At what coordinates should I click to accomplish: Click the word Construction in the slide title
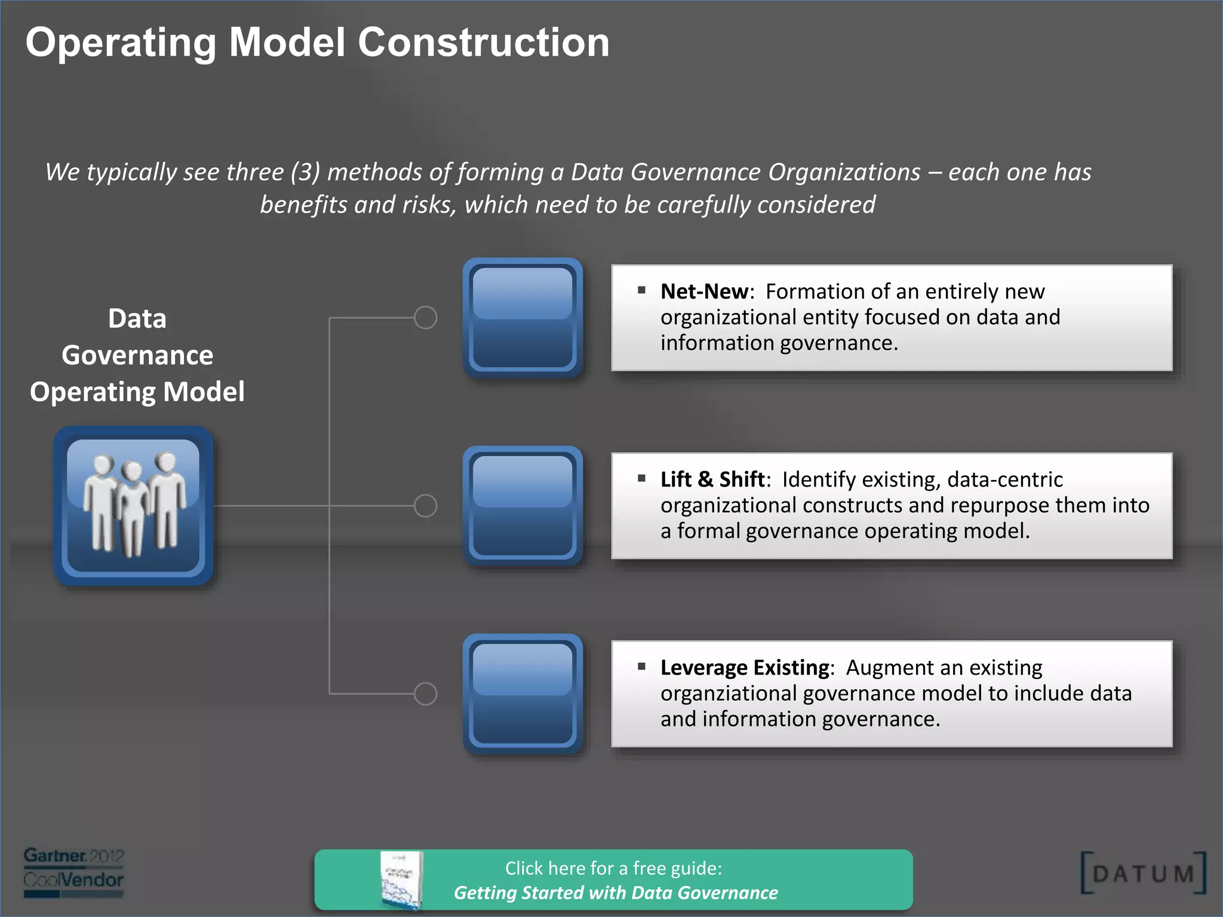point(483,43)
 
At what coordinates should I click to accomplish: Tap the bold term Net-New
point(704,291)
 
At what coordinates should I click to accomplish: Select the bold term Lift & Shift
point(712,479)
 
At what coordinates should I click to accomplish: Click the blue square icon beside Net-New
point(523,318)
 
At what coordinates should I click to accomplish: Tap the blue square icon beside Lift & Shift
point(523,506)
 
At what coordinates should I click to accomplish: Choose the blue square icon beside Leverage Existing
point(523,694)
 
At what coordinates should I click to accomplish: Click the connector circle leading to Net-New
point(425,318)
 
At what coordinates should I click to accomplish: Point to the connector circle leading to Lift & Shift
point(425,506)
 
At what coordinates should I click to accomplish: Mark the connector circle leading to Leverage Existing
point(425,694)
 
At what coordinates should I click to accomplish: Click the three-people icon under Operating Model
point(133,506)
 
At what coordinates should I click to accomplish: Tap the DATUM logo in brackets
point(1143,873)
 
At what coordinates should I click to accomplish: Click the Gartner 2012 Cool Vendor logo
point(73,872)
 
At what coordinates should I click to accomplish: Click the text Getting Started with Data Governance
point(616,893)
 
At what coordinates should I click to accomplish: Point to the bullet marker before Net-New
point(641,290)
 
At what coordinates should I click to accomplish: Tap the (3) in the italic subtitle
point(305,173)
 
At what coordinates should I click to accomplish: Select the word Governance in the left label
point(137,355)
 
